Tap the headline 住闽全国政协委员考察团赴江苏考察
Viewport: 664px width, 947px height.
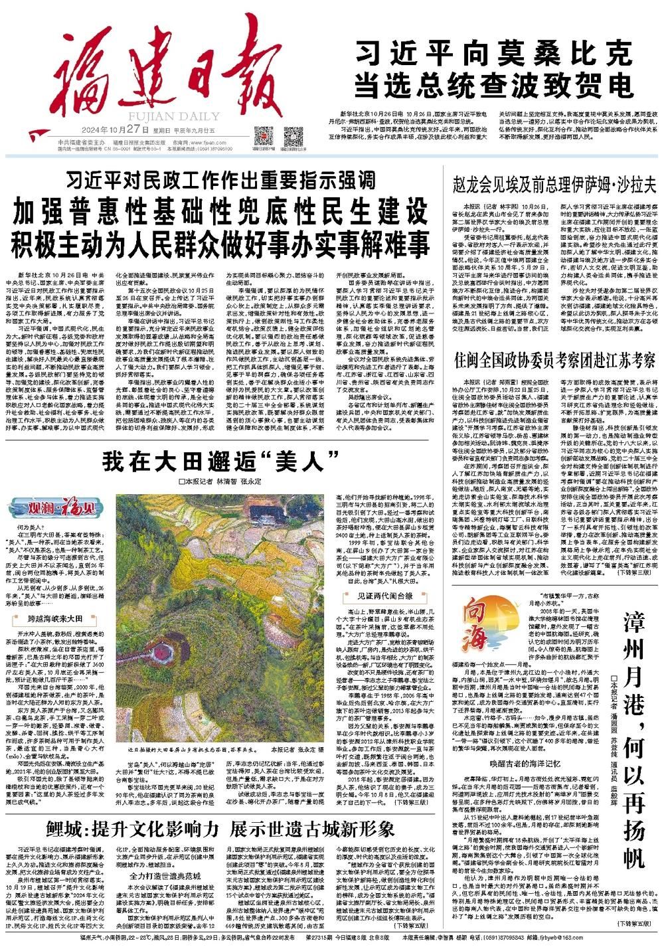(x=554, y=361)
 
